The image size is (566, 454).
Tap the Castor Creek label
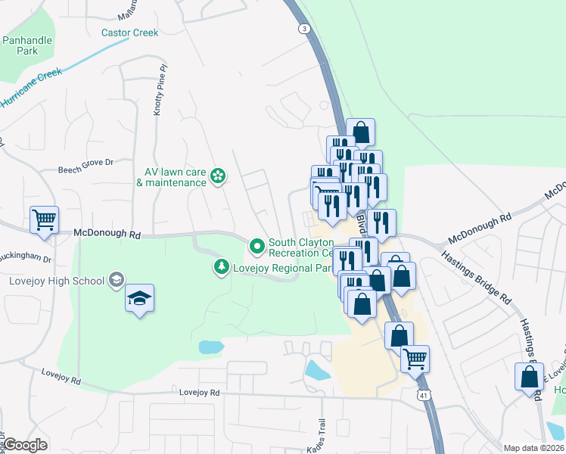point(130,33)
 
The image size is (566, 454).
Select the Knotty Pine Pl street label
point(158,89)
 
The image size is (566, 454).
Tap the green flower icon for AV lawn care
point(218,176)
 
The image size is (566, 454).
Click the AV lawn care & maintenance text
point(171,177)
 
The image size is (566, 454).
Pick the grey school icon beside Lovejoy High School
point(116,281)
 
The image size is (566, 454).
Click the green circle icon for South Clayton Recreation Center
point(257,245)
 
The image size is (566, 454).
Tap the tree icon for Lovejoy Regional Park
point(221,267)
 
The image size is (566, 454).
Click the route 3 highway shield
point(304,28)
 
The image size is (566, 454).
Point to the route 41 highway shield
point(421,394)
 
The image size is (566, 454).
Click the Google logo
point(26,445)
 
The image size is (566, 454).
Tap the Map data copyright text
point(533,448)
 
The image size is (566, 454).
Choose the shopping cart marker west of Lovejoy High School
point(44,220)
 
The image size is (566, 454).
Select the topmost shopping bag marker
point(361,132)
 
